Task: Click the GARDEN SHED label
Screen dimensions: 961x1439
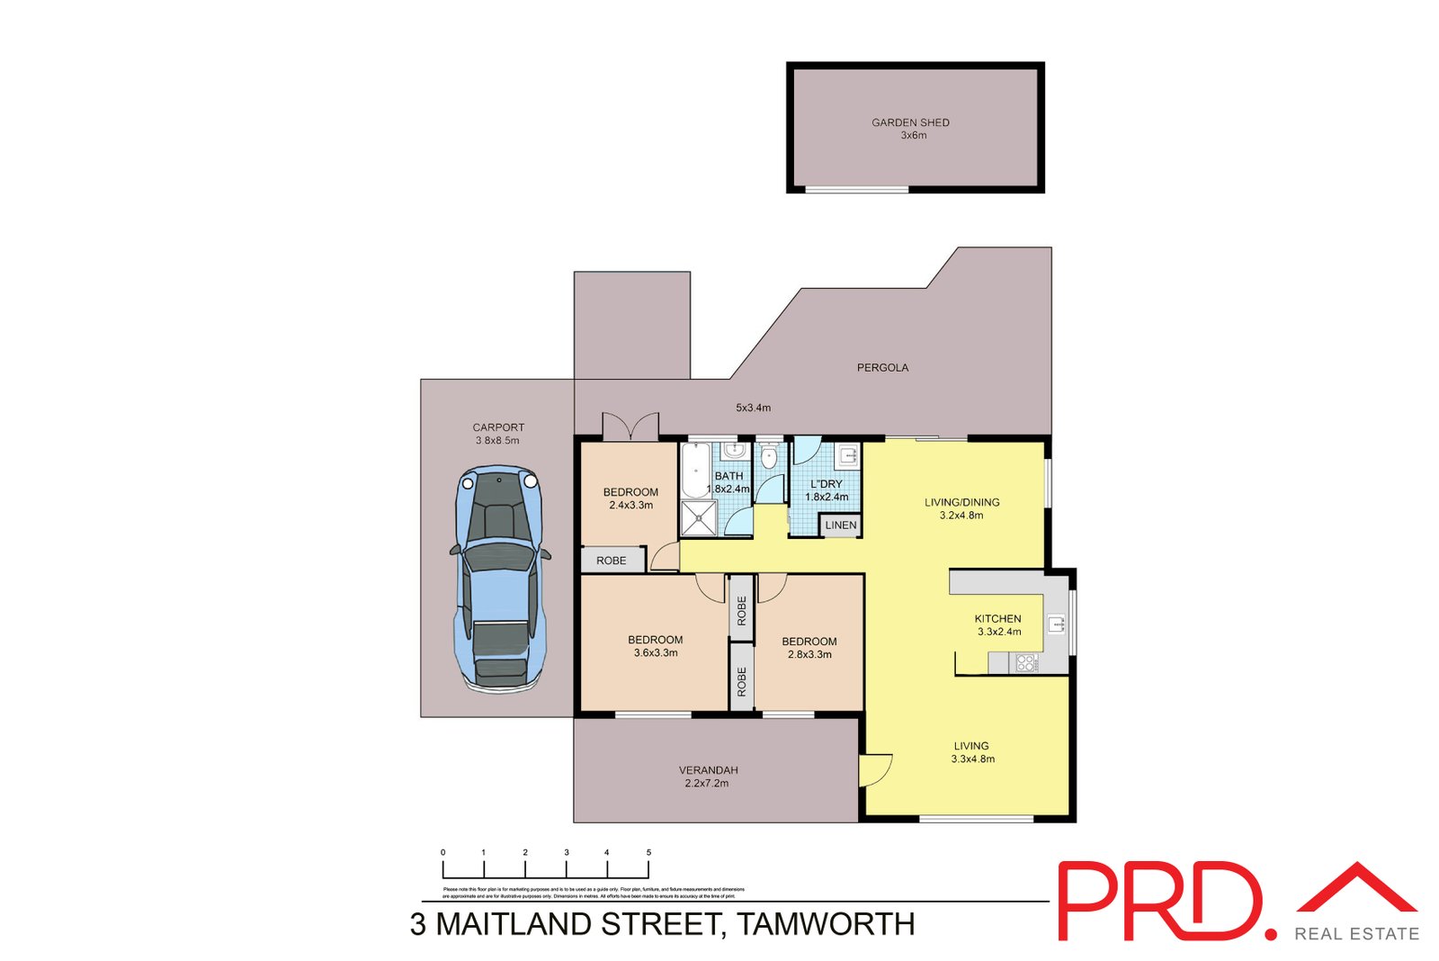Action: click(910, 122)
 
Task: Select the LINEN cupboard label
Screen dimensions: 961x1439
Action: click(841, 525)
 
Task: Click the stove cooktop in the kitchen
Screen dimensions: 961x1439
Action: click(1026, 663)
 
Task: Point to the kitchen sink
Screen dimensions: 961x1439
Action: click(1055, 624)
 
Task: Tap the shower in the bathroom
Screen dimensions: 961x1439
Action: click(698, 518)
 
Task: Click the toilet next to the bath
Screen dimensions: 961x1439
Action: click(768, 456)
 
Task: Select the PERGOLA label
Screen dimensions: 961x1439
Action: click(882, 367)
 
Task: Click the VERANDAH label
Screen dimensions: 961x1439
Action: click(708, 770)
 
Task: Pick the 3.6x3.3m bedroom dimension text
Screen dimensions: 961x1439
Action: click(656, 653)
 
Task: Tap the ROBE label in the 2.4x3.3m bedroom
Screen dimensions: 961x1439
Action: click(612, 561)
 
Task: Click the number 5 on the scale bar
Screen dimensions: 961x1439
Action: click(648, 852)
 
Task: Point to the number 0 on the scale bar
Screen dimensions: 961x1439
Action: click(442, 852)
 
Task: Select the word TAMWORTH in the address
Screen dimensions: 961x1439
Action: click(827, 924)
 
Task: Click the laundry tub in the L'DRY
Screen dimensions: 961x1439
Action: click(847, 455)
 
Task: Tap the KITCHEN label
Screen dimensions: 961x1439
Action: click(997, 618)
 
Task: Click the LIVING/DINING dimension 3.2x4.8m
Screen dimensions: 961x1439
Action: click(961, 516)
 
